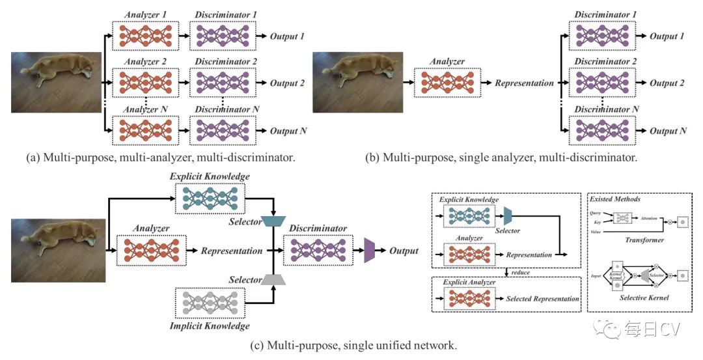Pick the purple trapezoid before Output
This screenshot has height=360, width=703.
click(370, 251)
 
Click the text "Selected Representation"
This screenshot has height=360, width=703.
click(542, 299)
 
